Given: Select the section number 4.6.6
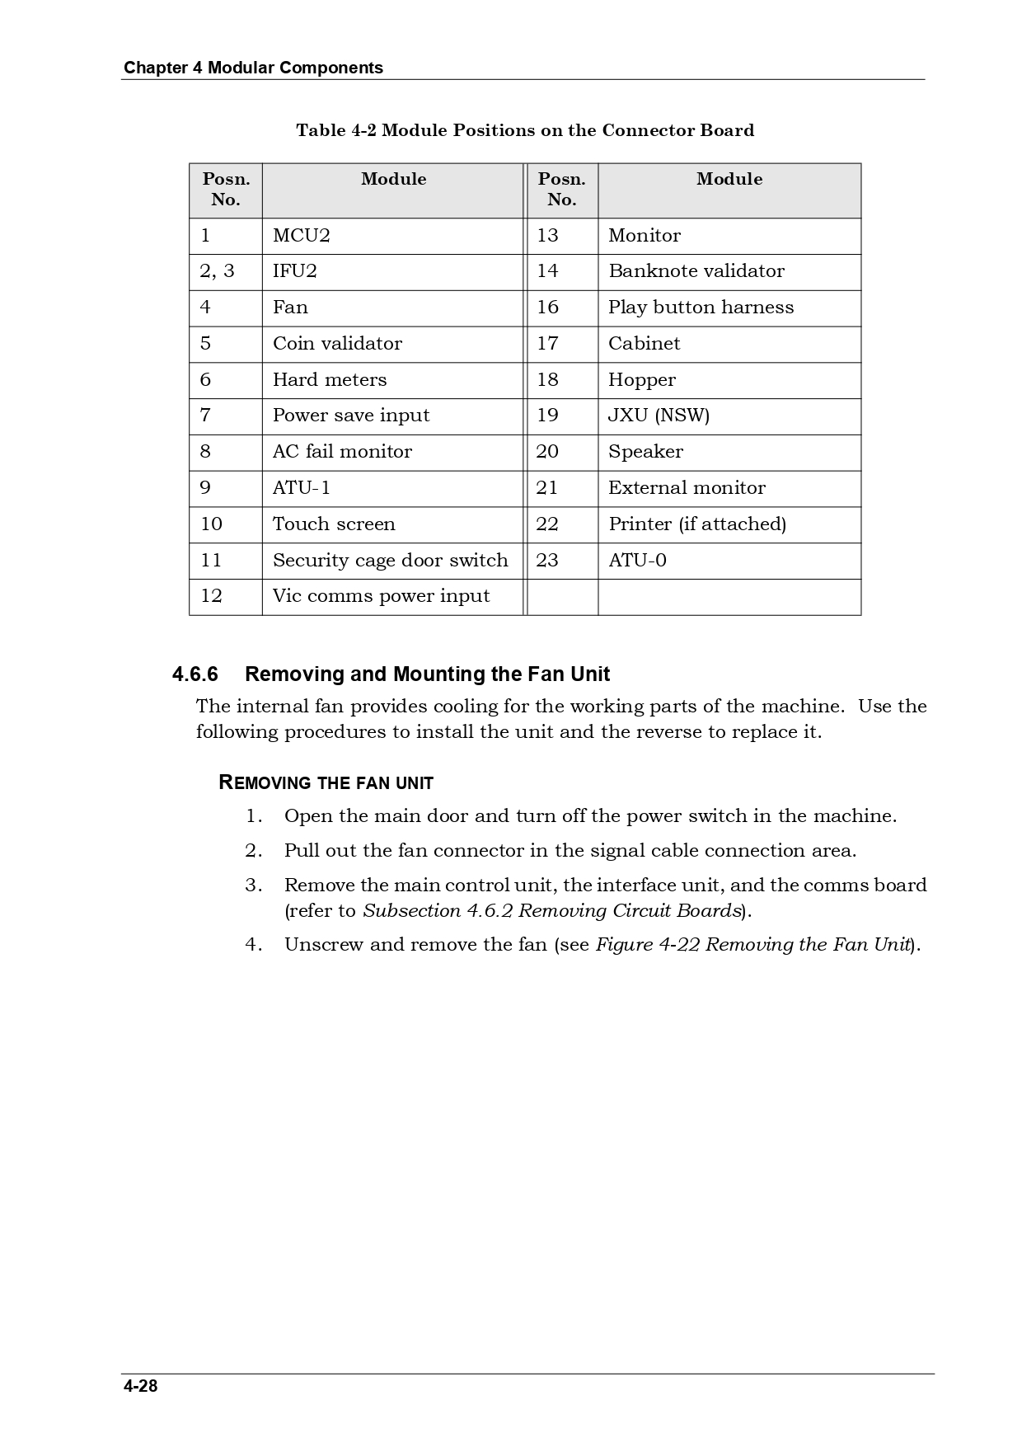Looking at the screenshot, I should pyautogui.click(x=195, y=674).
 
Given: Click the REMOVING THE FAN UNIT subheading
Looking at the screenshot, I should pyautogui.click(x=326, y=783).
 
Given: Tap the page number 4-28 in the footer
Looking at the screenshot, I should pyautogui.click(x=141, y=1386).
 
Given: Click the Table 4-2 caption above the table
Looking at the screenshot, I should pyautogui.click(x=525, y=130).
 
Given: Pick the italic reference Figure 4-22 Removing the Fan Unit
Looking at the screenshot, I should pyautogui.click(x=752, y=945).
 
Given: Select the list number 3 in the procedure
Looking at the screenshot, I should pyautogui.click(x=253, y=886).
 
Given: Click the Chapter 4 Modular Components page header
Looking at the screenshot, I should pyautogui.click(x=253, y=68).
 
